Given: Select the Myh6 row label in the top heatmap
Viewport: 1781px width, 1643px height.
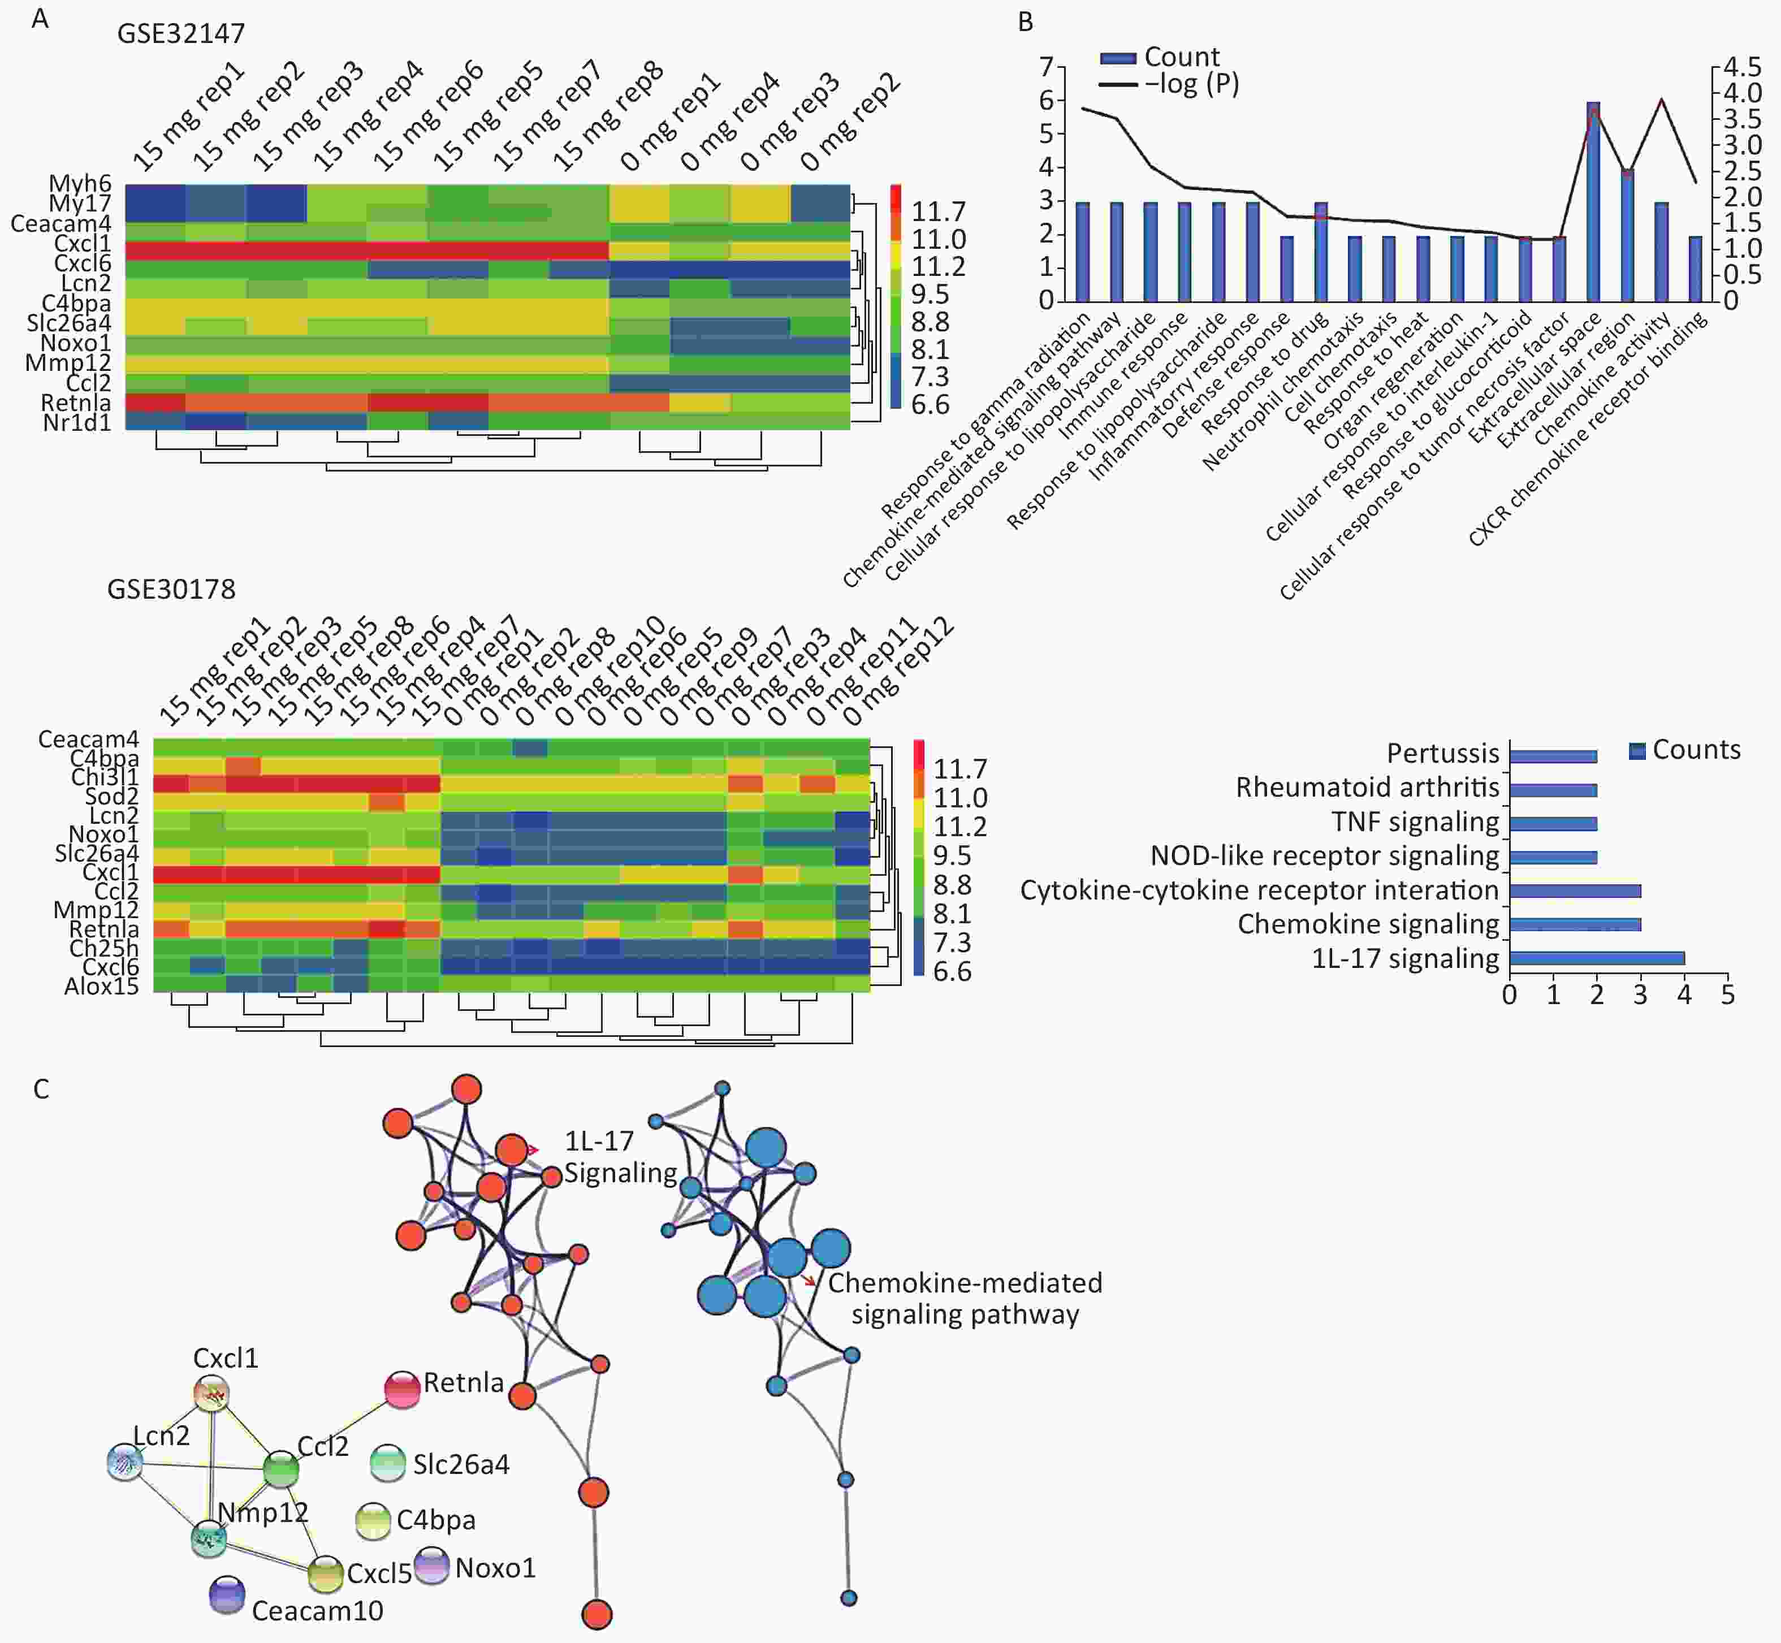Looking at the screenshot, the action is coord(80,183).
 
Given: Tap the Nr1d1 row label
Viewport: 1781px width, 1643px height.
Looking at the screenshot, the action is coord(77,422).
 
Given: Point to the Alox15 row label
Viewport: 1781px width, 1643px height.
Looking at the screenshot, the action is coord(101,986).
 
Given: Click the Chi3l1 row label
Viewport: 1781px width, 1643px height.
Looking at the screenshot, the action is coord(105,777).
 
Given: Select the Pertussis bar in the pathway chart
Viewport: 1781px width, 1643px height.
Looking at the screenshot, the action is coord(1553,756).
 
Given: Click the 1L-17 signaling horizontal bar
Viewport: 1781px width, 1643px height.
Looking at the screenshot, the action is coord(1596,958).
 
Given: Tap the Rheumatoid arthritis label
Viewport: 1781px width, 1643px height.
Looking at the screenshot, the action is coord(1368,788).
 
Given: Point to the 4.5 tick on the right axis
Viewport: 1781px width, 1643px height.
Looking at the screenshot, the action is coord(1742,67).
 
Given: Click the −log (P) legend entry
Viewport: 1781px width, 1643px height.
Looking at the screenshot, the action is coord(1169,84).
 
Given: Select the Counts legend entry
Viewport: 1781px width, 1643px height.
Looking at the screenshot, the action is coord(1684,750).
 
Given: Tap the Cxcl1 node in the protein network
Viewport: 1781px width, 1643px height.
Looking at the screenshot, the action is coord(211,1394).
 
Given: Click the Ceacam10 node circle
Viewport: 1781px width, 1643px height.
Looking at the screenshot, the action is coord(227,1595).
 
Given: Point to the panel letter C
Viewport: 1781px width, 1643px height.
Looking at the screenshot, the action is coord(41,1089).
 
